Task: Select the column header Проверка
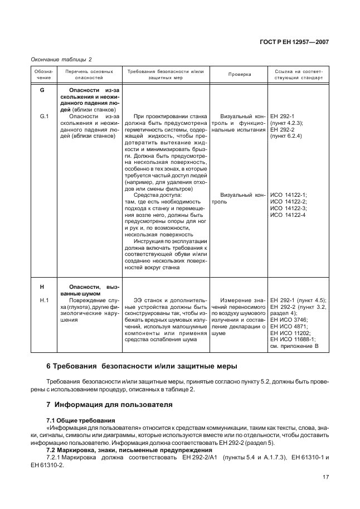coord(240,74)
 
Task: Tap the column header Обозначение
coord(43,74)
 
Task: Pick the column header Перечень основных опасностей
coord(89,74)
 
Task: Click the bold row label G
coord(42,90)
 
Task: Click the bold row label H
coord(42,287)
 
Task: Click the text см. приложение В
coord(294,346)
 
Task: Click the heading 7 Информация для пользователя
coord(109,404)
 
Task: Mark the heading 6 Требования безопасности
coord(141,366)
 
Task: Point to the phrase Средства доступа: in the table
coord(158,195)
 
